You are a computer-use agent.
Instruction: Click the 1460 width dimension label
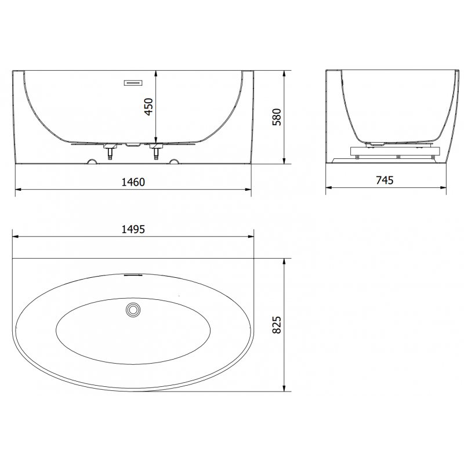133,182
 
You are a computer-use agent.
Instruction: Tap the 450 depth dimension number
148,107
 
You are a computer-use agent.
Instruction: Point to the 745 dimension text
385,180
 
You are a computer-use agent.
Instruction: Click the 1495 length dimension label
133,229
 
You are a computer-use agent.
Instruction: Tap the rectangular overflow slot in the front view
133,82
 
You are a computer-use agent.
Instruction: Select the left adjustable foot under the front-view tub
108,153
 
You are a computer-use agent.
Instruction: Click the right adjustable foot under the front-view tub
156,153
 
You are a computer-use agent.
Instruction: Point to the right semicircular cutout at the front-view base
173,161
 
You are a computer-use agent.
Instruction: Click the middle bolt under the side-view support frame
397,157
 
